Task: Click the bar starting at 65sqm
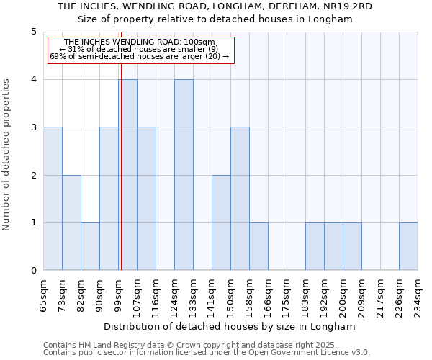[53, 199]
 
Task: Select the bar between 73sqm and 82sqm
[71, 222]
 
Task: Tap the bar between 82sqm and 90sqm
[90, 246]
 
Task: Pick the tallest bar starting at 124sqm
[184, 175]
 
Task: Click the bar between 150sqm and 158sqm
[240, 199]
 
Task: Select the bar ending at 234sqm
[408, 246]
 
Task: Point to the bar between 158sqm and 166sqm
[258, 246]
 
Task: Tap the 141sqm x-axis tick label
[212, 293]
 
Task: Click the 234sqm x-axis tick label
[418, 293]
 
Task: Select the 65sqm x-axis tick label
[44, 293]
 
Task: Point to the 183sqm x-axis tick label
[306, 293]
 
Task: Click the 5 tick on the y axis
[33, 32]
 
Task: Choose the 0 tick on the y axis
[33, 271]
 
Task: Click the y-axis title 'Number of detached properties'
[7, 155]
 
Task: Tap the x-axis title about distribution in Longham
[230, 326]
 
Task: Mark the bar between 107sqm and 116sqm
[146, 199]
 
